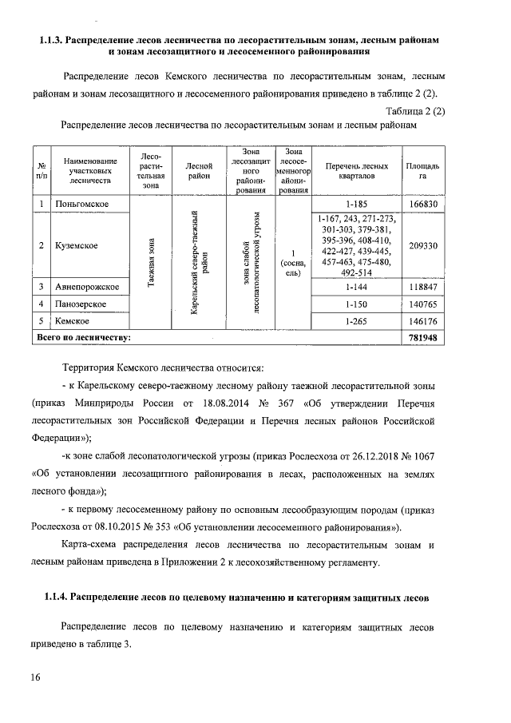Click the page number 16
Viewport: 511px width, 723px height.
click(x=36, y=677)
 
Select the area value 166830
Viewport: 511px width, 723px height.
click(x=422, y=205)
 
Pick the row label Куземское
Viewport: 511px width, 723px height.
click(x=76, y=245)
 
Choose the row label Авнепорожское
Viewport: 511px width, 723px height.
click(x=86, y=285)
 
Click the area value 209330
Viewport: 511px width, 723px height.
click(x=422, y=245)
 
